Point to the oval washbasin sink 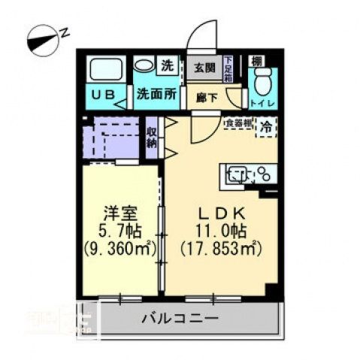point(144,66)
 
